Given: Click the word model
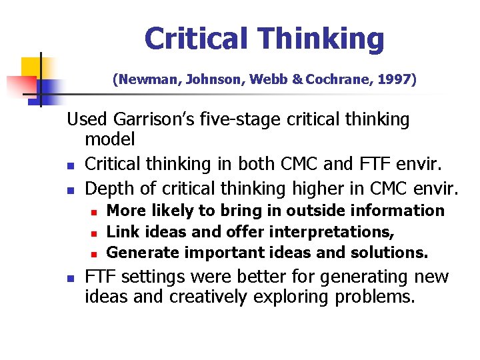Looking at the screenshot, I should coord(110,139).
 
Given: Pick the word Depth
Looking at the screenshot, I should coord(107,189).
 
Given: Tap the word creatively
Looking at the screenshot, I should coord(207,296).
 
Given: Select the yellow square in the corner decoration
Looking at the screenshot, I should coord(32,68).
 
